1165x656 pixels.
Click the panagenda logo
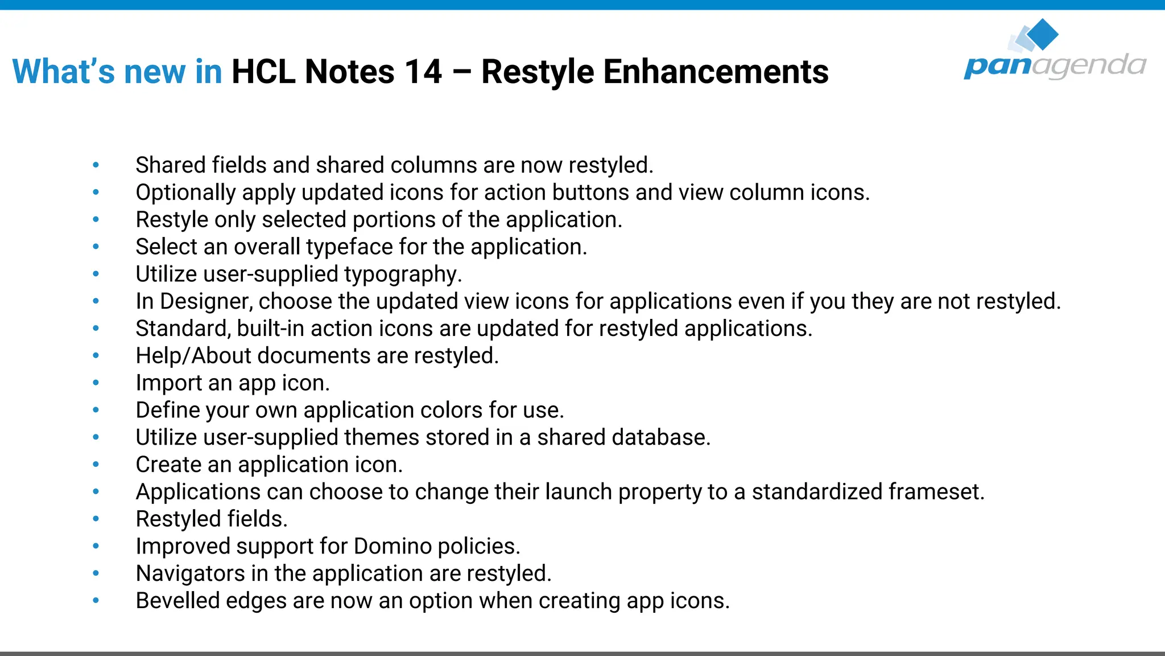1054,51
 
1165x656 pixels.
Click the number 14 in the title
423,72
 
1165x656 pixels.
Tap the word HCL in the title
263,72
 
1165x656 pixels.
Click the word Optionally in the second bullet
185,193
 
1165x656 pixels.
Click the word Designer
205,302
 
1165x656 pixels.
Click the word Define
168,411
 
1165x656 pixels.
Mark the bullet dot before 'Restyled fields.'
96,519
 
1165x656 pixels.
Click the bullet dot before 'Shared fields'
96,165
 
